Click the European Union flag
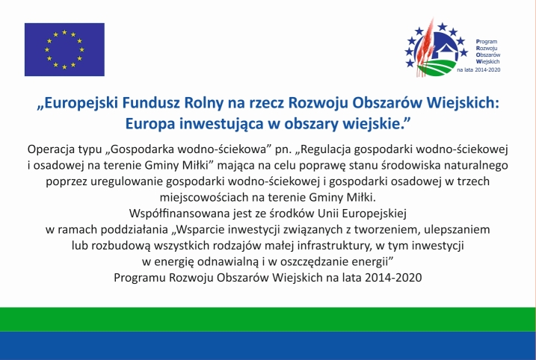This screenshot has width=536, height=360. [x=64, y=49]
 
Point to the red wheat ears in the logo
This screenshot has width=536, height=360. [x=425, y=48]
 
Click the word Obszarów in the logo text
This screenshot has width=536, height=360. [x=488, y=55]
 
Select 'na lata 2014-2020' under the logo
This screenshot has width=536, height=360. [x=478, y=70]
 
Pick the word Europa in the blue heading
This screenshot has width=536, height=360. [x=150, y=124]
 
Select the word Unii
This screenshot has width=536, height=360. [x=328, y=214]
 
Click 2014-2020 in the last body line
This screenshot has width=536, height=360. [x=393, y=277]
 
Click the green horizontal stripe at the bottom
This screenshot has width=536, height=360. [x=268, y=319]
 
